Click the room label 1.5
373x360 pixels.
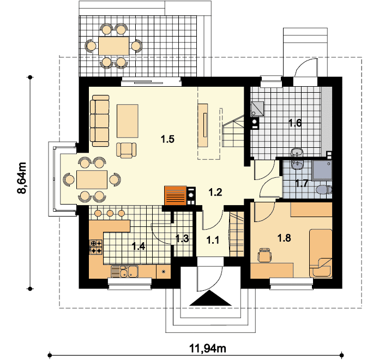tap(168, 139)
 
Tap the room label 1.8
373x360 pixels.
tap(284, 238)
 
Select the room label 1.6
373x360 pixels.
tap(294, 123)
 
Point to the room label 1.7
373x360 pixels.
tap(302, 183)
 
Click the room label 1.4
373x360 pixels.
tap(139, 246)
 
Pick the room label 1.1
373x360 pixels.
tap(213, 240)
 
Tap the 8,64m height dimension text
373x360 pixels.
tap(22, 178)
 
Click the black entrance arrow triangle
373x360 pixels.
tap(210, 298)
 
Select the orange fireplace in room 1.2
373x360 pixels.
tap(175, 195)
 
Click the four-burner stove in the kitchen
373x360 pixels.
tap(96, 247)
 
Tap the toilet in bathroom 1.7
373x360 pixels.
tap(324, 190)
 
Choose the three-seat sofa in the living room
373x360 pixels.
tap(100, 121)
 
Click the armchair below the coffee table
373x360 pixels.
tap(127, 151)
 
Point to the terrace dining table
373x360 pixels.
tap(114, 46)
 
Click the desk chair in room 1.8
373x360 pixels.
tap(264, 255)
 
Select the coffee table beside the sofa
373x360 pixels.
tap(128, 121)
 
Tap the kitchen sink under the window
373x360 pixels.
tap(125, 272)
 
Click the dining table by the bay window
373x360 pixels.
tap(92, 179)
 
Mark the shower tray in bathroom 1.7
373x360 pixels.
tap(322, 170)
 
